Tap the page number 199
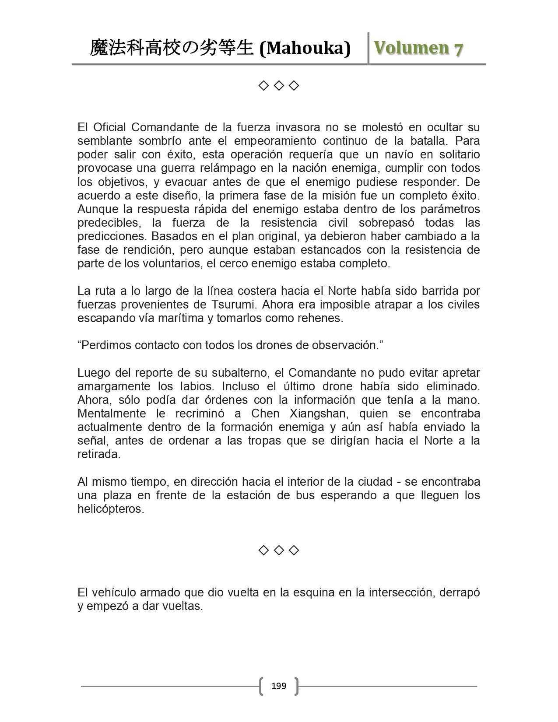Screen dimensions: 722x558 (x=279, y=686)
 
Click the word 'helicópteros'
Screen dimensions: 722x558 (x=110, y=509)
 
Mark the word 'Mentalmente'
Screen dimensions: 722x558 (x=111, y=414)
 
